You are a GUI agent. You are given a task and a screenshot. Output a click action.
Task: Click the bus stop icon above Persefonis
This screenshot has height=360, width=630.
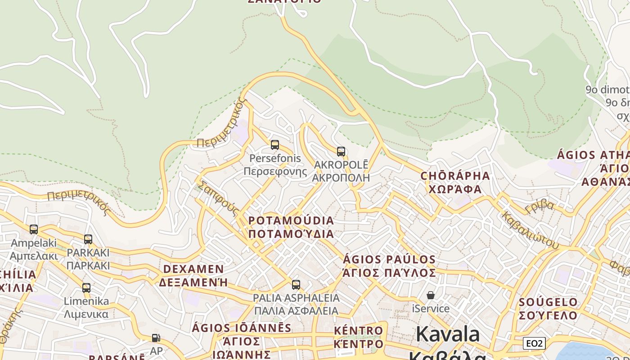[x=274, y=145]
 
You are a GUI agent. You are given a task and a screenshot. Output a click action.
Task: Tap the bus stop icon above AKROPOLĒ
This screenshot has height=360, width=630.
[x=341, y=151]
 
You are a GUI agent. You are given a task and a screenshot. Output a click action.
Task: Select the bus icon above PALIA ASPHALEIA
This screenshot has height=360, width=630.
[x=296, y=284]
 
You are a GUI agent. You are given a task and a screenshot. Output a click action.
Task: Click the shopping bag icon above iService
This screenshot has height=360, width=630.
[x=431, y=295]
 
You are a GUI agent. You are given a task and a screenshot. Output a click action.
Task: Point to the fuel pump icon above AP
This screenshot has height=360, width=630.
[x=156, y=337]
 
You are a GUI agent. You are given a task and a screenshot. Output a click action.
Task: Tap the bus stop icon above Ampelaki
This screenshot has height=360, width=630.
[x=34, y=229]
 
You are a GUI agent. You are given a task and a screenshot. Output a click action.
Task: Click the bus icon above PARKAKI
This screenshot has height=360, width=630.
[x=88, y=239]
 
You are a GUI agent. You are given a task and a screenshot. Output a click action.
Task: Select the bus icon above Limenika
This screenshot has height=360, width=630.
[x=86, y=288]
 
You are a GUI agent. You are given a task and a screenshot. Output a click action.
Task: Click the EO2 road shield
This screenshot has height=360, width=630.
[x=534, y=343]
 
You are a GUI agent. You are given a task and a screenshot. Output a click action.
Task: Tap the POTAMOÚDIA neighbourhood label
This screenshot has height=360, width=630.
[x=291, y=227]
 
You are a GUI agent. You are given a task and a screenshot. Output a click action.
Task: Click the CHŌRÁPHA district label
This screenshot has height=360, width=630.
[x=455, y=182]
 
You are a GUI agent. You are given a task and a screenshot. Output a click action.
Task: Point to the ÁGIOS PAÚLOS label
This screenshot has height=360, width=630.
[x=389, y=266]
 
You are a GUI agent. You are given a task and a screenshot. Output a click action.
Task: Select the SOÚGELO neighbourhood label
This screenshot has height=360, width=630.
[x=548, y=308]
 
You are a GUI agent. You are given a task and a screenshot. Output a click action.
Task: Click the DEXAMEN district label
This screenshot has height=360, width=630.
[x=193, y=275]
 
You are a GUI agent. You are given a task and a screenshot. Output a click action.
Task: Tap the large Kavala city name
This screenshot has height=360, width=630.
[x=448, y=335]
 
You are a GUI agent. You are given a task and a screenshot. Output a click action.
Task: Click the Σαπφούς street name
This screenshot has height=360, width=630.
[x=218, y=198]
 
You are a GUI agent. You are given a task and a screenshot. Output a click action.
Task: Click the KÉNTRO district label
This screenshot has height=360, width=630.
[x=359, y=337]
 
